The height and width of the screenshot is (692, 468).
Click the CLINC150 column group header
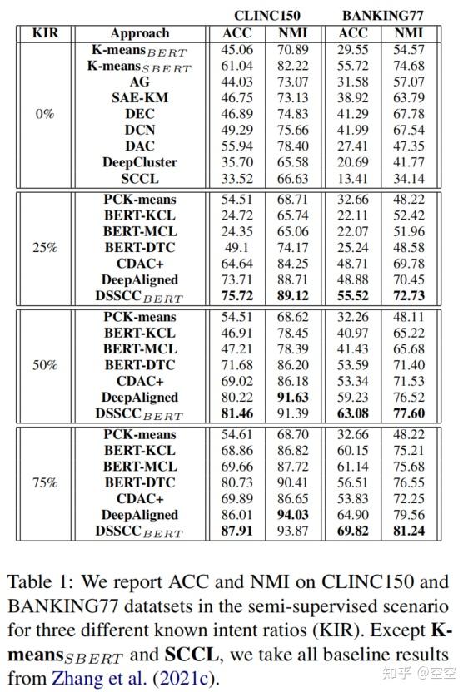click(266, 15)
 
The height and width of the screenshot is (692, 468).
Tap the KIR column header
click(45, 33)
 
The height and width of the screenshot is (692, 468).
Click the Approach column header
click(140, 33)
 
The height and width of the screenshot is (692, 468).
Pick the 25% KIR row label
click(45, 247)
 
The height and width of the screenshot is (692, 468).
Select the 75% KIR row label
click(45, 482)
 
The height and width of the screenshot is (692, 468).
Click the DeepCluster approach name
click(140, 162)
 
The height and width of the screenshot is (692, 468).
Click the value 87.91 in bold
click(237, 531)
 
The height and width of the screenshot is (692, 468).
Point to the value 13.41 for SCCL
click(353, 178)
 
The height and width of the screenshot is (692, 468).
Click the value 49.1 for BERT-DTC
click(237, 247)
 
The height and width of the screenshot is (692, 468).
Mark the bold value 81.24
click(408, 531)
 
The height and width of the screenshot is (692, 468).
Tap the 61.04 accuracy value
click(237, 66)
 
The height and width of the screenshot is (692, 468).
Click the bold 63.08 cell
click(353, 413)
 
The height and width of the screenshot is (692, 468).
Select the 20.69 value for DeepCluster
click(353, 162)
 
